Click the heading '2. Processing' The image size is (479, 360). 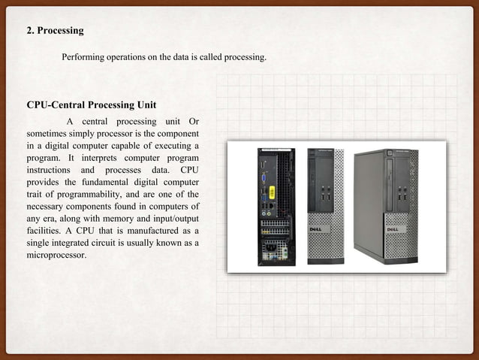pyautogui.click(x=55, y=31)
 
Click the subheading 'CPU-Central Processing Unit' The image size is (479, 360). pyautogui.click(x=91, y=104)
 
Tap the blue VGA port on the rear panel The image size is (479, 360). pyautogui.click(x=264, y=179)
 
